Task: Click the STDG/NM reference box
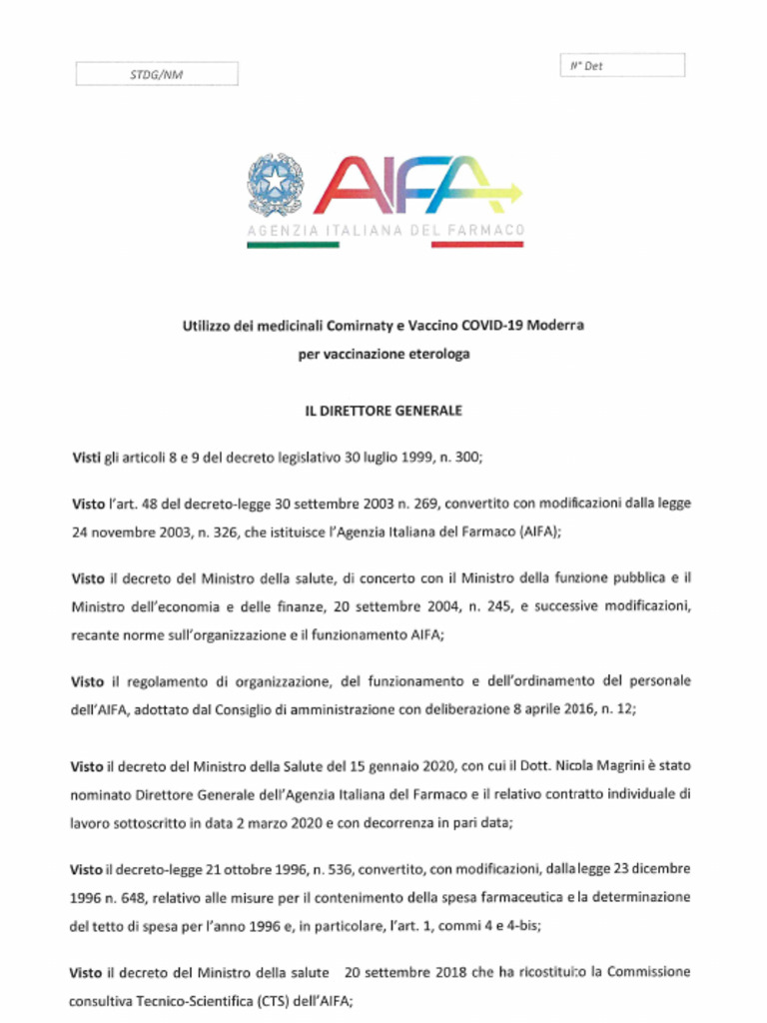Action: (157, 74)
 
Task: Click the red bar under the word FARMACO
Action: (477, 246)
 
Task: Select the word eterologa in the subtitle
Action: (430, 354)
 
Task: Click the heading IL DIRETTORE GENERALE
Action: (383, 411)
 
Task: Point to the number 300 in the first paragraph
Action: (466, 458)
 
